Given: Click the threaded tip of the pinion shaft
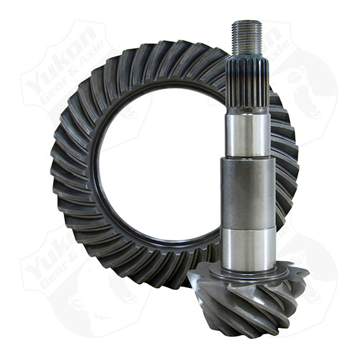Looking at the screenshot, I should (248, 37).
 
